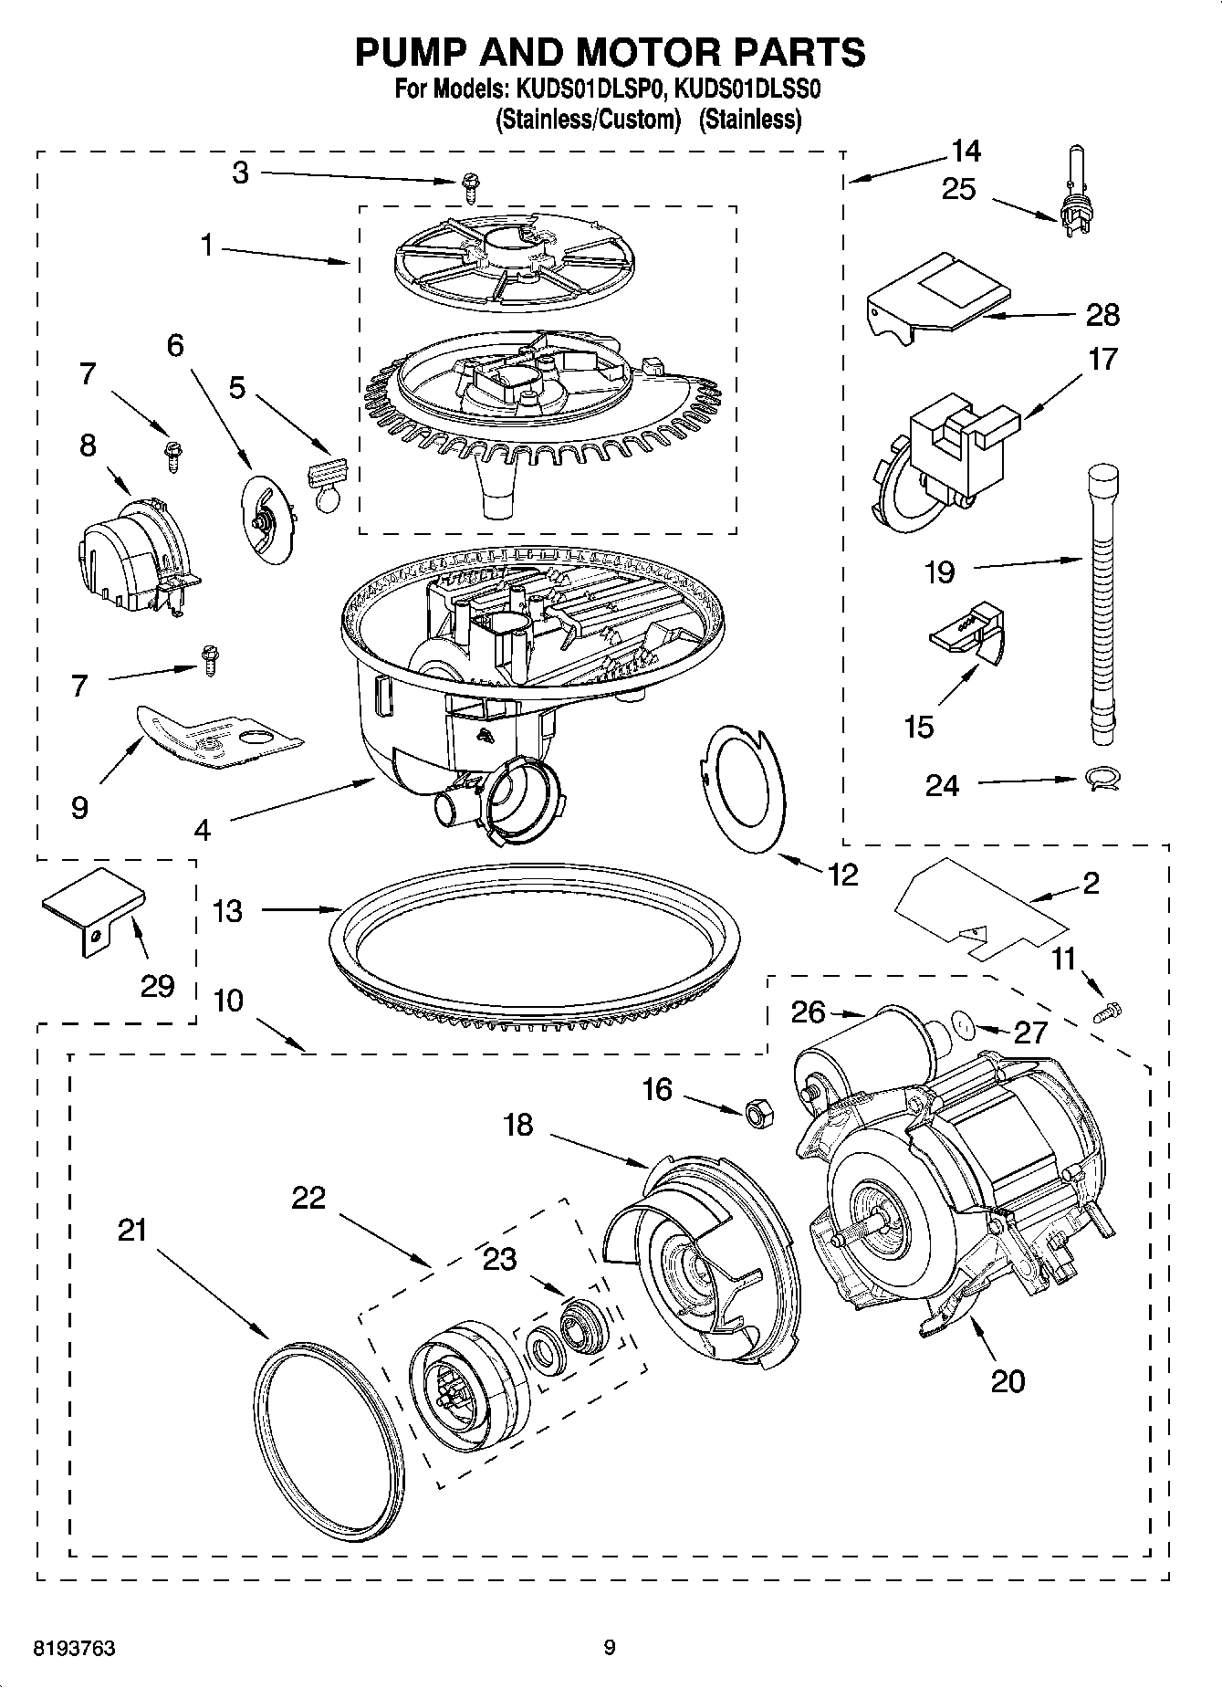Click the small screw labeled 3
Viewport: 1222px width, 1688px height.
(x=469, y=187)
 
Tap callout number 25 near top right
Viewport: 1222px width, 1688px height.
(x=958, y=190)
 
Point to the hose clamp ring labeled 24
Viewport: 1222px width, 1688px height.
(x=1102, y=779)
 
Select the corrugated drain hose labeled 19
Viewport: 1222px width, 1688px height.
(x=1102, y=603)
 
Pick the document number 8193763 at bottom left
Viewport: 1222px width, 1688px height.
(x=74, y=1648)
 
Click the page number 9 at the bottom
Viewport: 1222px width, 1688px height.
(x=610, y=1648)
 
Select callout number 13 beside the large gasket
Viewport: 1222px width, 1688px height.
(x=228, y=910)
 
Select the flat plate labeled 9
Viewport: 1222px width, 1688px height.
(x=216, y=733)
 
